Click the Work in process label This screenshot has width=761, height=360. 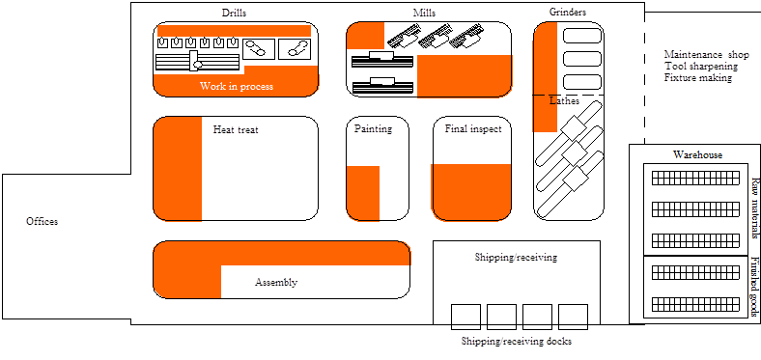(237, 87)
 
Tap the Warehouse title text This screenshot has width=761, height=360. (696, 154)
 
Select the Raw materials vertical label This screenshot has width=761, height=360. (754, 208)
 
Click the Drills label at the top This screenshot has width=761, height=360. (233, 13)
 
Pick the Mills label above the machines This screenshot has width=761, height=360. (422, 13)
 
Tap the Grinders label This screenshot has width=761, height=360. (568, 13)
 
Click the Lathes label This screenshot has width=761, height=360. (564, 100)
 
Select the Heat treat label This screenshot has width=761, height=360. (235, 128)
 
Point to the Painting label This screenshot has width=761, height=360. (372, 128)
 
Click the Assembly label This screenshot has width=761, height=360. (275, 283)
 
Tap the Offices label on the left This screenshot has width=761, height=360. (42, 221)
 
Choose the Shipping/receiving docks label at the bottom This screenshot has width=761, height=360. (518, 341)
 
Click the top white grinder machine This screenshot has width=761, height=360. (582, 36)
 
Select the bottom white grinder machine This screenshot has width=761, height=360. (582, 82)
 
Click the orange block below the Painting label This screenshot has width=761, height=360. (363, 192)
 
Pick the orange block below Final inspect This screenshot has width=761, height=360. (470, 190)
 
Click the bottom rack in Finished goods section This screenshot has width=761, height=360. (695, 306)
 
